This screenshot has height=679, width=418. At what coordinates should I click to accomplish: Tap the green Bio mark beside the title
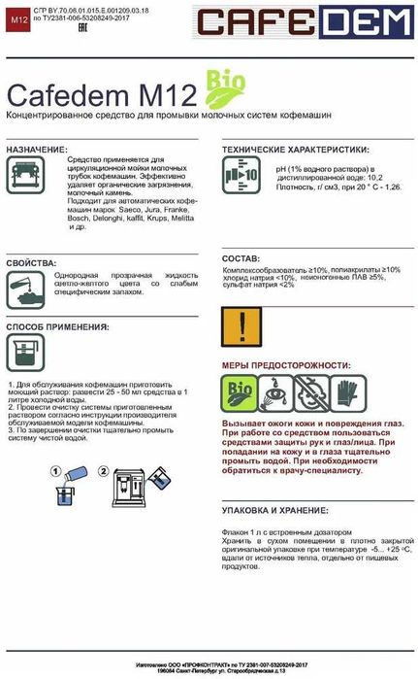[x=220, y=85]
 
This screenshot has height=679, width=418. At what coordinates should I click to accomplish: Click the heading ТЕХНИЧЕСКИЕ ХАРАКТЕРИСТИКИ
[x=295, y=151]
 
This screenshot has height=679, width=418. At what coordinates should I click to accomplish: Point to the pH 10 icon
[x=236, y=179]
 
